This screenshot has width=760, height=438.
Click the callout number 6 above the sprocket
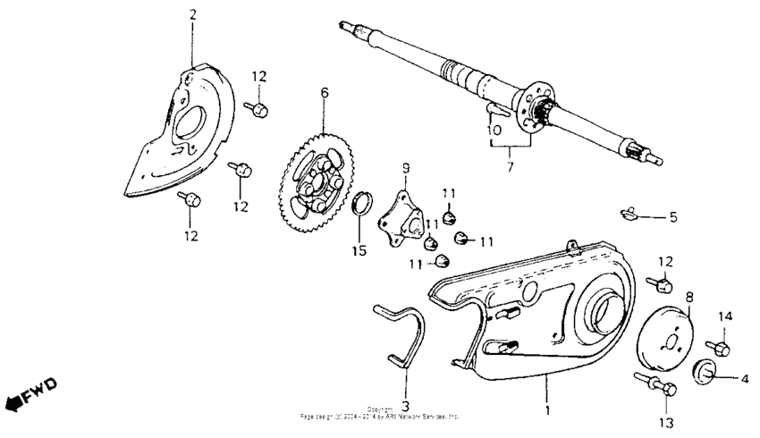click(325, 92)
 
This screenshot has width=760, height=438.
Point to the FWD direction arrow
click(30, 394)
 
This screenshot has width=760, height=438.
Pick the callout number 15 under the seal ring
click(359, 251)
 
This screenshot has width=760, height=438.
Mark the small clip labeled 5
click(629, 213)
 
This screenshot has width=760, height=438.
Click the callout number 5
click(673, 216)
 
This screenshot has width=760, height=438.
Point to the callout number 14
click(725, 316)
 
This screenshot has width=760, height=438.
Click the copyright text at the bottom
click(380, 414)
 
